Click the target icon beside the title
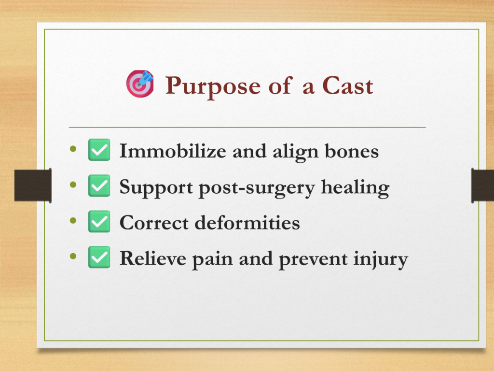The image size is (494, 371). tap(140, 84)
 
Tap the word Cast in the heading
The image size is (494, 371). tap(347, 86)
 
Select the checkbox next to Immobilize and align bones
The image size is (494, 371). tap(99, 150)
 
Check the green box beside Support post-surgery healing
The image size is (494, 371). tap(99, 185)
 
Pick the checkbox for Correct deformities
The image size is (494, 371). tap(99, 221)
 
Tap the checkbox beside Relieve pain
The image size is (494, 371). tap(99, 257)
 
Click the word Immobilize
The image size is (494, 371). tap(173, 151)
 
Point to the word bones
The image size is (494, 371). tap(352, 151)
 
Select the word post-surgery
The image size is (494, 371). tap(257, 188)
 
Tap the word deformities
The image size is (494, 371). tap(247, 223)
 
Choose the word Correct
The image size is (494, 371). tap(154, 223)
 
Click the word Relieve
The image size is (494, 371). tap(153, 258)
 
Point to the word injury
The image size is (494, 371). tap(381, 259)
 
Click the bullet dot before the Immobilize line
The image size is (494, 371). tap(73, 149)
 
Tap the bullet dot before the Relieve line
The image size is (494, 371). tap(73, 256)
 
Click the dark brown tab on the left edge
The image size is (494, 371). tap(33, 185)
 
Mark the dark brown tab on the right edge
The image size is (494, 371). tap(482, 185)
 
